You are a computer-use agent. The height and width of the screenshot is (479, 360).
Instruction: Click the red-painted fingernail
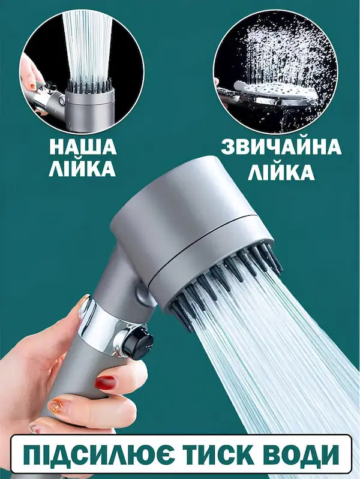(x=106, y=382)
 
